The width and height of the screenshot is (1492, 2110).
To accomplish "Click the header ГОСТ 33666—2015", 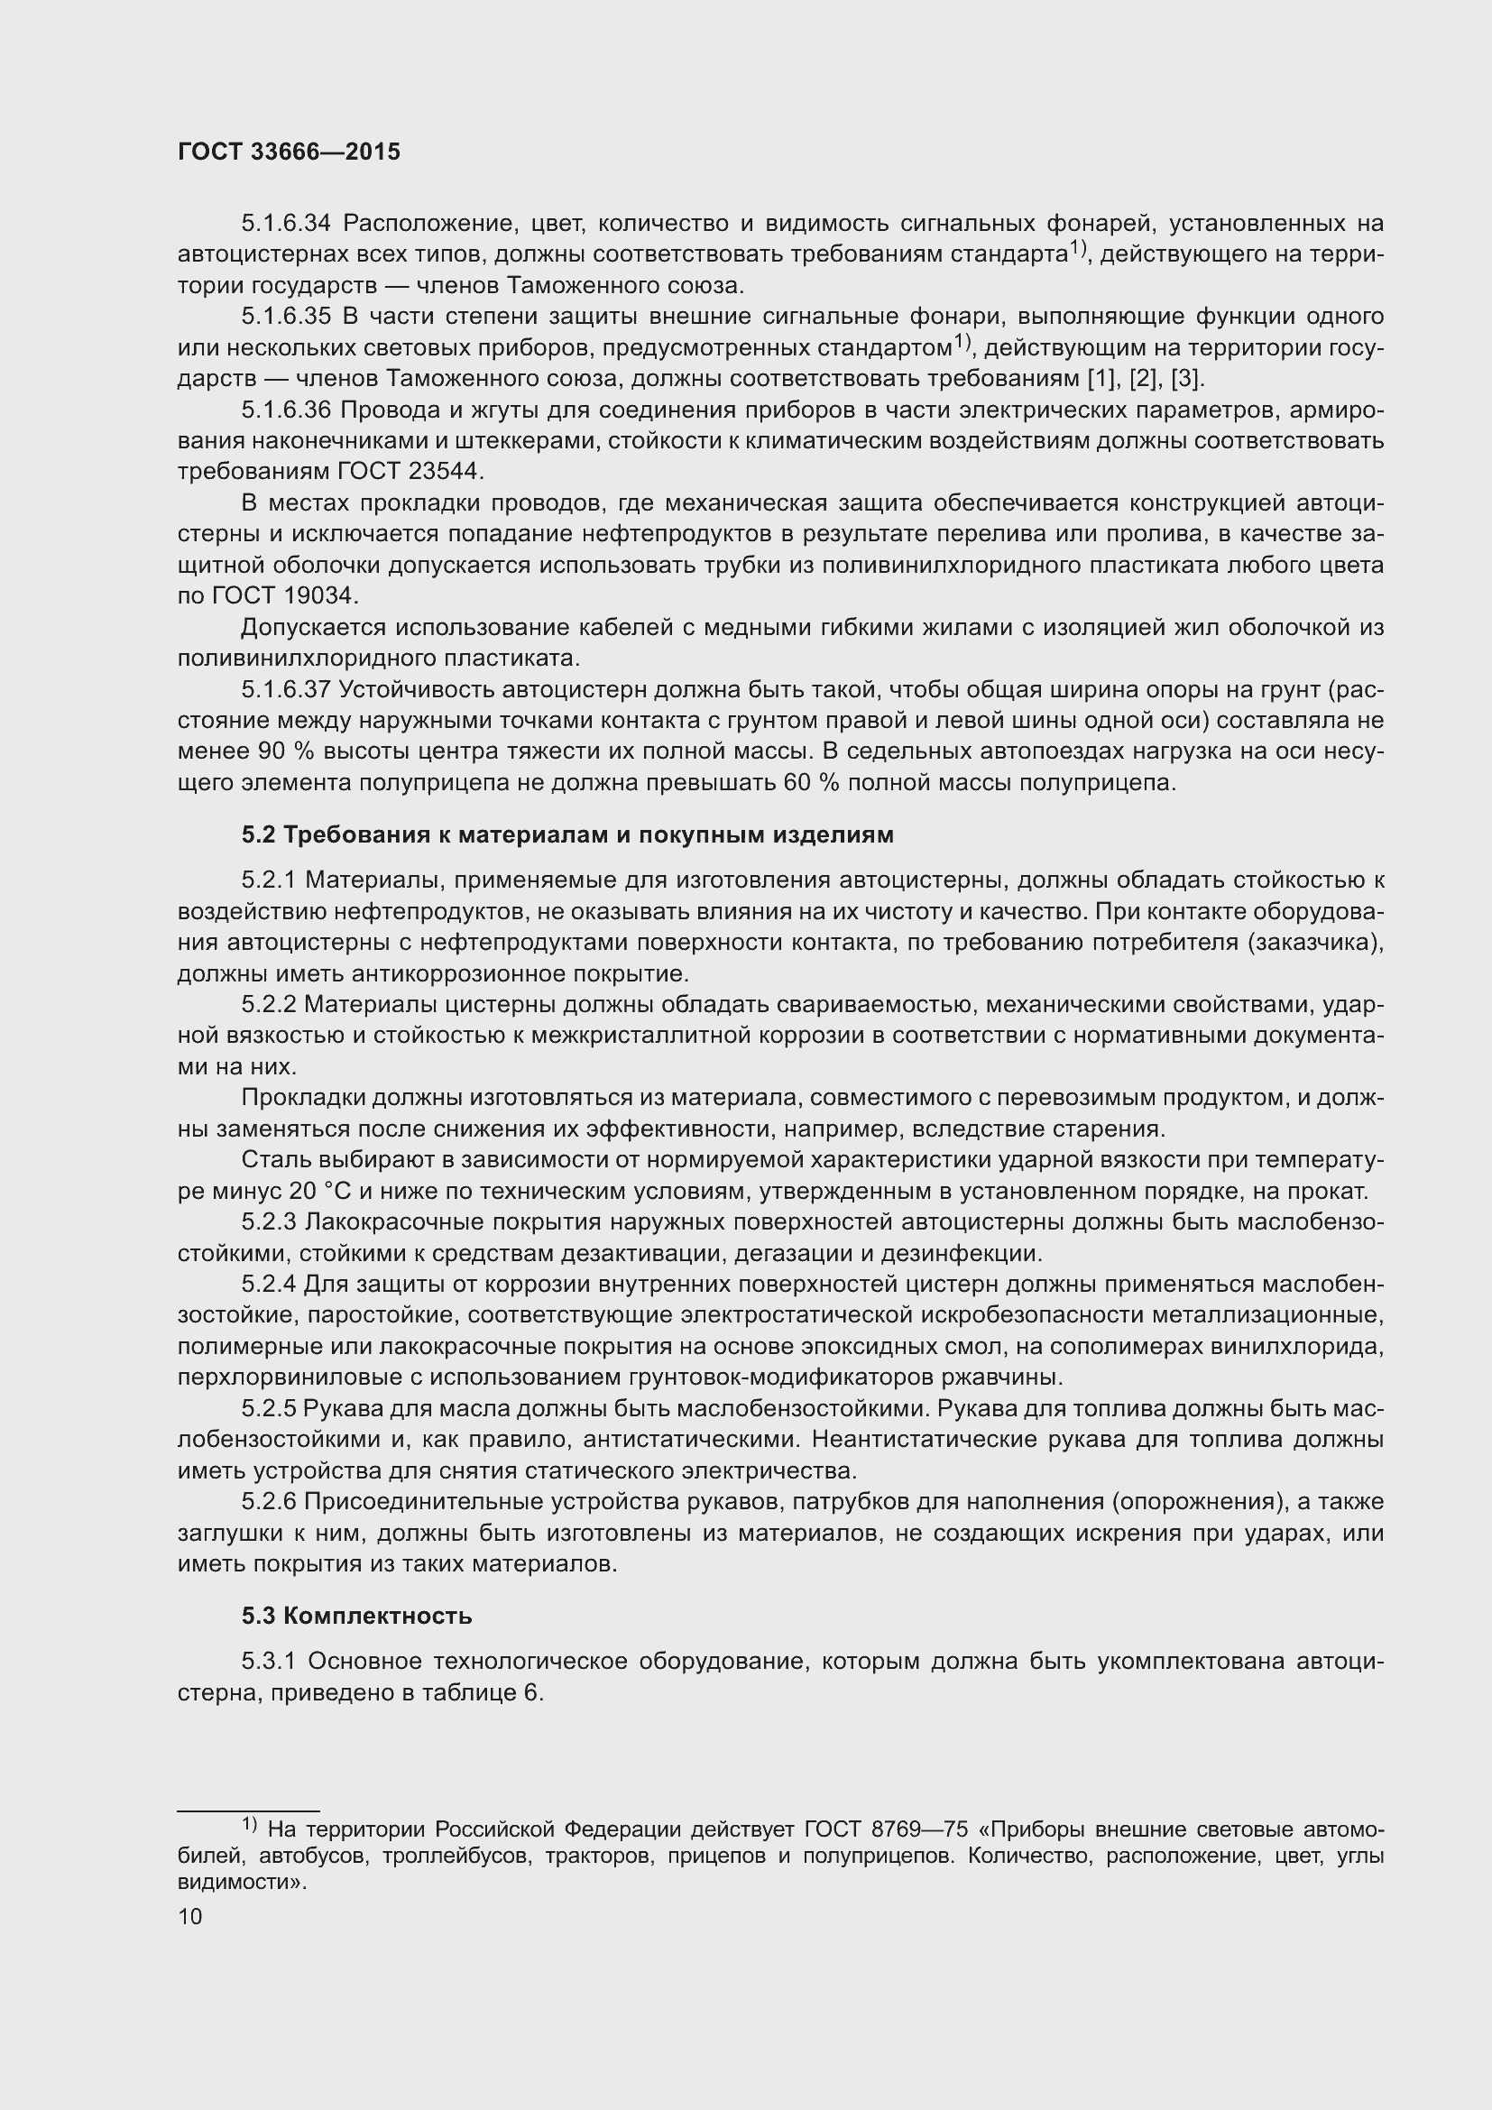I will pyautogui.click(x=289, y=152).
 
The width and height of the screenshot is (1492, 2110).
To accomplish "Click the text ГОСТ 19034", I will pyautogui.click(x=283, y=596).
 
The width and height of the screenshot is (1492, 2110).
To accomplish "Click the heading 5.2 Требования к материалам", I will pyautogui.click(x=566, y=834).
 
